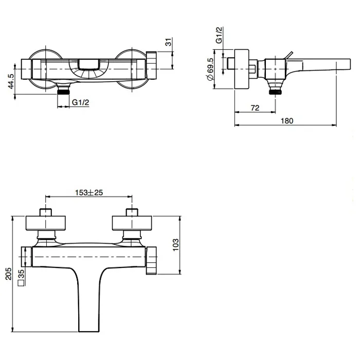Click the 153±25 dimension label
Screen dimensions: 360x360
[89, 192]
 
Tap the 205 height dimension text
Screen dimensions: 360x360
[9, 274]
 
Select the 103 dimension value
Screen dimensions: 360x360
[175, 245]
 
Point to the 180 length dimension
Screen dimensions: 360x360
[287, 120]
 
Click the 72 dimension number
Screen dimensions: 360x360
[255, 107]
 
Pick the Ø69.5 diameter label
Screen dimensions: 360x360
[210, 69]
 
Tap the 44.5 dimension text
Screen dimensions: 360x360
[11, 81]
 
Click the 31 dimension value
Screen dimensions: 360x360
[168, 42]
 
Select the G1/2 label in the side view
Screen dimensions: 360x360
[219, 35]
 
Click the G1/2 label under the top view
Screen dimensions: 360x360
[80, 102]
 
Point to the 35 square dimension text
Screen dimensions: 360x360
[21, 274]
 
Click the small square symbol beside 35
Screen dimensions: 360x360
[21, 283]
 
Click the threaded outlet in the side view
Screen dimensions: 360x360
[275, 92]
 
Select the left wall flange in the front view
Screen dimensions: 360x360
[45, 223]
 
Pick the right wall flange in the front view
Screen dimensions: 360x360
[132, 223]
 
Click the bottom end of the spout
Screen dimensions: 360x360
[89, 331]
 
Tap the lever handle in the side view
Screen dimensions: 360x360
[289, 56]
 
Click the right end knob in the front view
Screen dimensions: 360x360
[151, 260]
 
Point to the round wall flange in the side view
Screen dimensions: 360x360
[242, 69]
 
